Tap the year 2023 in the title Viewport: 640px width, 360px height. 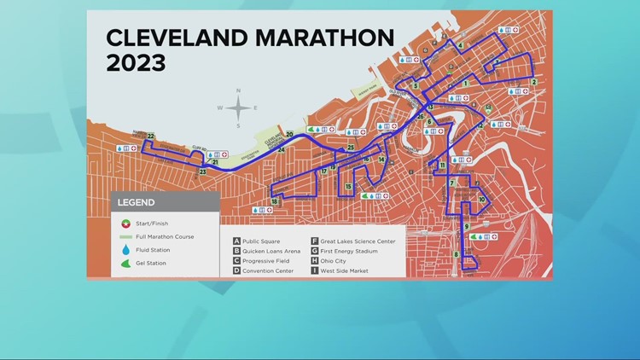click(x=135, y=64)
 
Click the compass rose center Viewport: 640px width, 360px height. click(x=238, y=107)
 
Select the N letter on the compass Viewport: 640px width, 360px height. click(x=238, y=90)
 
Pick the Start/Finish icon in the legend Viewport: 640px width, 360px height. click(x=126, y=224)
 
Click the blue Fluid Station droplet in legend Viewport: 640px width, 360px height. click(x=126, y=250)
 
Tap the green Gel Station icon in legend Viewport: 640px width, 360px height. click(x=126, y=264)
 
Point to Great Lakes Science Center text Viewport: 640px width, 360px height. click(x=358, y=241)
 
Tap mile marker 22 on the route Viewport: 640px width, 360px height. click(x=150, y=136)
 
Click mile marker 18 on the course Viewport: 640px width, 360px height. click(x=275, y=202)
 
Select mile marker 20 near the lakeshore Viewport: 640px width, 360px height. click(x=290, y=134)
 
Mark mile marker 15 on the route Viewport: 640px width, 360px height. click(x=349, y=186)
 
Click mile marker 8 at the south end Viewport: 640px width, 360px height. click(x=457, y=253)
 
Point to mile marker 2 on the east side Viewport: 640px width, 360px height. click(x=533, y=82)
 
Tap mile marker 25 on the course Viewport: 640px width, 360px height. click(x=351, y=148)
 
